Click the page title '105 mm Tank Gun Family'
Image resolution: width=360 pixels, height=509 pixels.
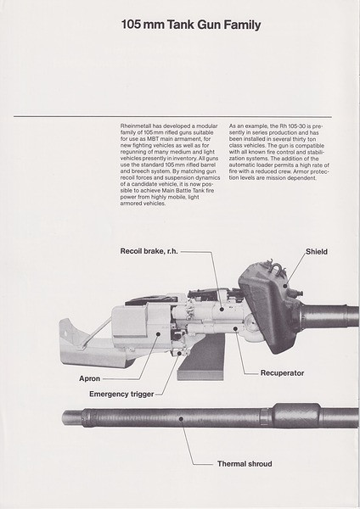tap(190, 25)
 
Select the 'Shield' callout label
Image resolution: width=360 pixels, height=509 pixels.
tap(317, 252)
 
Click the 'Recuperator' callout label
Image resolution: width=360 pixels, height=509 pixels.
tap(282, 372)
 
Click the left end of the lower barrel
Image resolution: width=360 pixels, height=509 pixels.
tap(68, 417)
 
